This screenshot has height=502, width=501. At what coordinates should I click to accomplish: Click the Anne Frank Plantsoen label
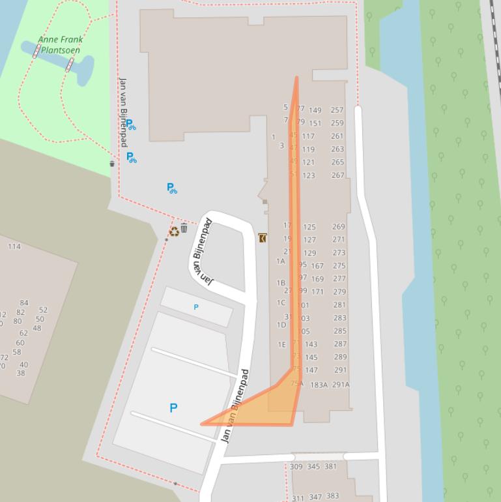(60, 44)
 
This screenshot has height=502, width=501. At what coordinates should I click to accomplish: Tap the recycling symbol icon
(174, 231)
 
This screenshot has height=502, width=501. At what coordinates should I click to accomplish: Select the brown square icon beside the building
(262, 238)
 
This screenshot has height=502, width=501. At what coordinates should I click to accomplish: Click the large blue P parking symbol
(173, 408)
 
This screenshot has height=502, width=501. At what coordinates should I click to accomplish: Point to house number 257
(337, 110)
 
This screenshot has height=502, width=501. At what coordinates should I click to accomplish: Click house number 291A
(341, 385)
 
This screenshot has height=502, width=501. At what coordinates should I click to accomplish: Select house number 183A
(319, 385)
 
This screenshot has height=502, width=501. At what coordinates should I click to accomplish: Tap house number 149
(315, 110)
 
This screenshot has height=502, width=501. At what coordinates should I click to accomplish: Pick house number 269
(339, 227)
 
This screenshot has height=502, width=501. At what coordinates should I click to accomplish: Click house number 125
(309, 227)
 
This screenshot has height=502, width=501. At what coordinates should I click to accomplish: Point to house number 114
(14, 246)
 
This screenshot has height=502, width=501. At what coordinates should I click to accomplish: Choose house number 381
(331, 466)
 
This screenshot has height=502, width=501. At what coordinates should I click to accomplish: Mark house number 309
(296, 466)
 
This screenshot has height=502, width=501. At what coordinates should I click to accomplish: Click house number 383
(332, 497)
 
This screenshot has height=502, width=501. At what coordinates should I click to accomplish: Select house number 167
(317, 266)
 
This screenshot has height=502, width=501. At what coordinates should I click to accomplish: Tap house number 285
(340, 331)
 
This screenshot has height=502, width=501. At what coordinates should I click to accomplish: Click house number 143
(311, 344)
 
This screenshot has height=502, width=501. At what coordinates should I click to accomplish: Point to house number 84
(24, 303)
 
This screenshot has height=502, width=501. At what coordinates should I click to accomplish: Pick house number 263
(337, 149)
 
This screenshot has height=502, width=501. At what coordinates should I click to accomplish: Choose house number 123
(309, 175)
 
